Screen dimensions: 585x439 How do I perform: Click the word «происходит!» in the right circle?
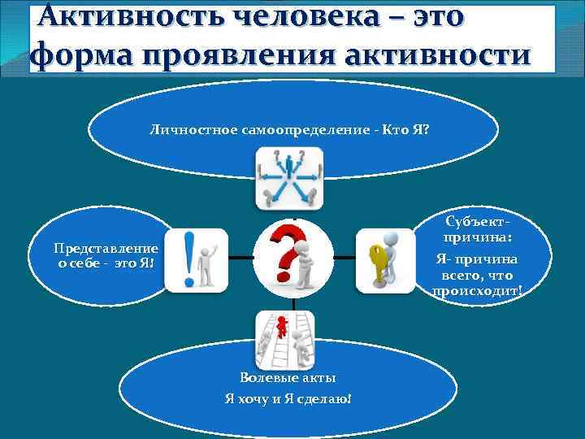478,290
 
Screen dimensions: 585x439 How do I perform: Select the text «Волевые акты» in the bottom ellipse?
288,378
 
